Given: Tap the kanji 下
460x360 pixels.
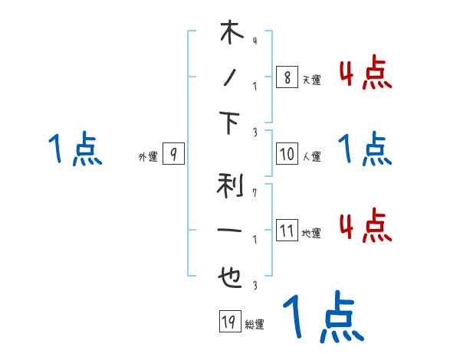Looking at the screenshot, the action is click(231, 123).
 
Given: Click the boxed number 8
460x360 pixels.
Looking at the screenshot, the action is click(287, 77).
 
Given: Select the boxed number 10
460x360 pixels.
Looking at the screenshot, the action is click(287, 154).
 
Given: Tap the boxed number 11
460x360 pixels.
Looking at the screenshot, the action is click(287, 231).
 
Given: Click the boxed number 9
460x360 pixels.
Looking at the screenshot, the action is click(173, 155).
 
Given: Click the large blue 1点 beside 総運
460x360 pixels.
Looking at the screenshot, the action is click(322, 316).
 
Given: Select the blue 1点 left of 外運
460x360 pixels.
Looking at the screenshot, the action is click(75, 149).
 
